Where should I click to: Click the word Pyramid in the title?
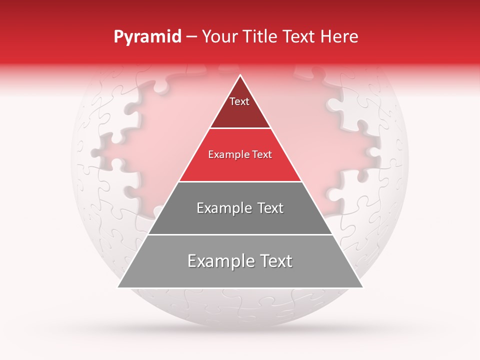pyautogui.click(x=147, y=37)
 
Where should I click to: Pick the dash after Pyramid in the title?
pyautogui.click(x=191, y=37)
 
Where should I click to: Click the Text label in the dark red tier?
pyautogui.click(x=239, y=101)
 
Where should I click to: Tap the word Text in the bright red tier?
pyautogui.click(x=262, y=154)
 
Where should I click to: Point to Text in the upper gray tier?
pyautogui.click(x=269, y=208)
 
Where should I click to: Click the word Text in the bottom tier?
pyautogui.click(x=274, y=261)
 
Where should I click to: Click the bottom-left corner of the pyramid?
pyautogui.click(x=118, y=287)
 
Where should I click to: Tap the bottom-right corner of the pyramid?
pyautogui.click(x=363, y=287)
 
